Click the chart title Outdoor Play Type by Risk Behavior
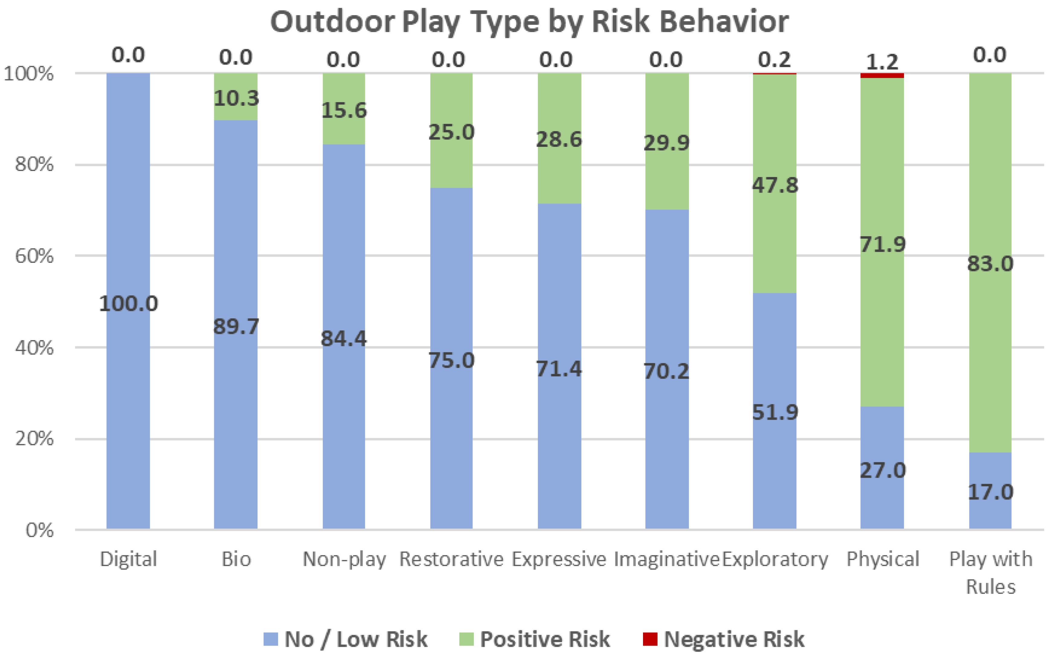529,22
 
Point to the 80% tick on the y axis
34,165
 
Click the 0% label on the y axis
39,530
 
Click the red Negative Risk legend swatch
650,639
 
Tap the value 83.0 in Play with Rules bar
990,264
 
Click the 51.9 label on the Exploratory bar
775,412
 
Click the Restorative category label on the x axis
451,559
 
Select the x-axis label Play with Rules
991,572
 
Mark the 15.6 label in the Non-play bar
344,110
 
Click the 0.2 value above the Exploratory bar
774,59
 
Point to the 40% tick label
34,347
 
